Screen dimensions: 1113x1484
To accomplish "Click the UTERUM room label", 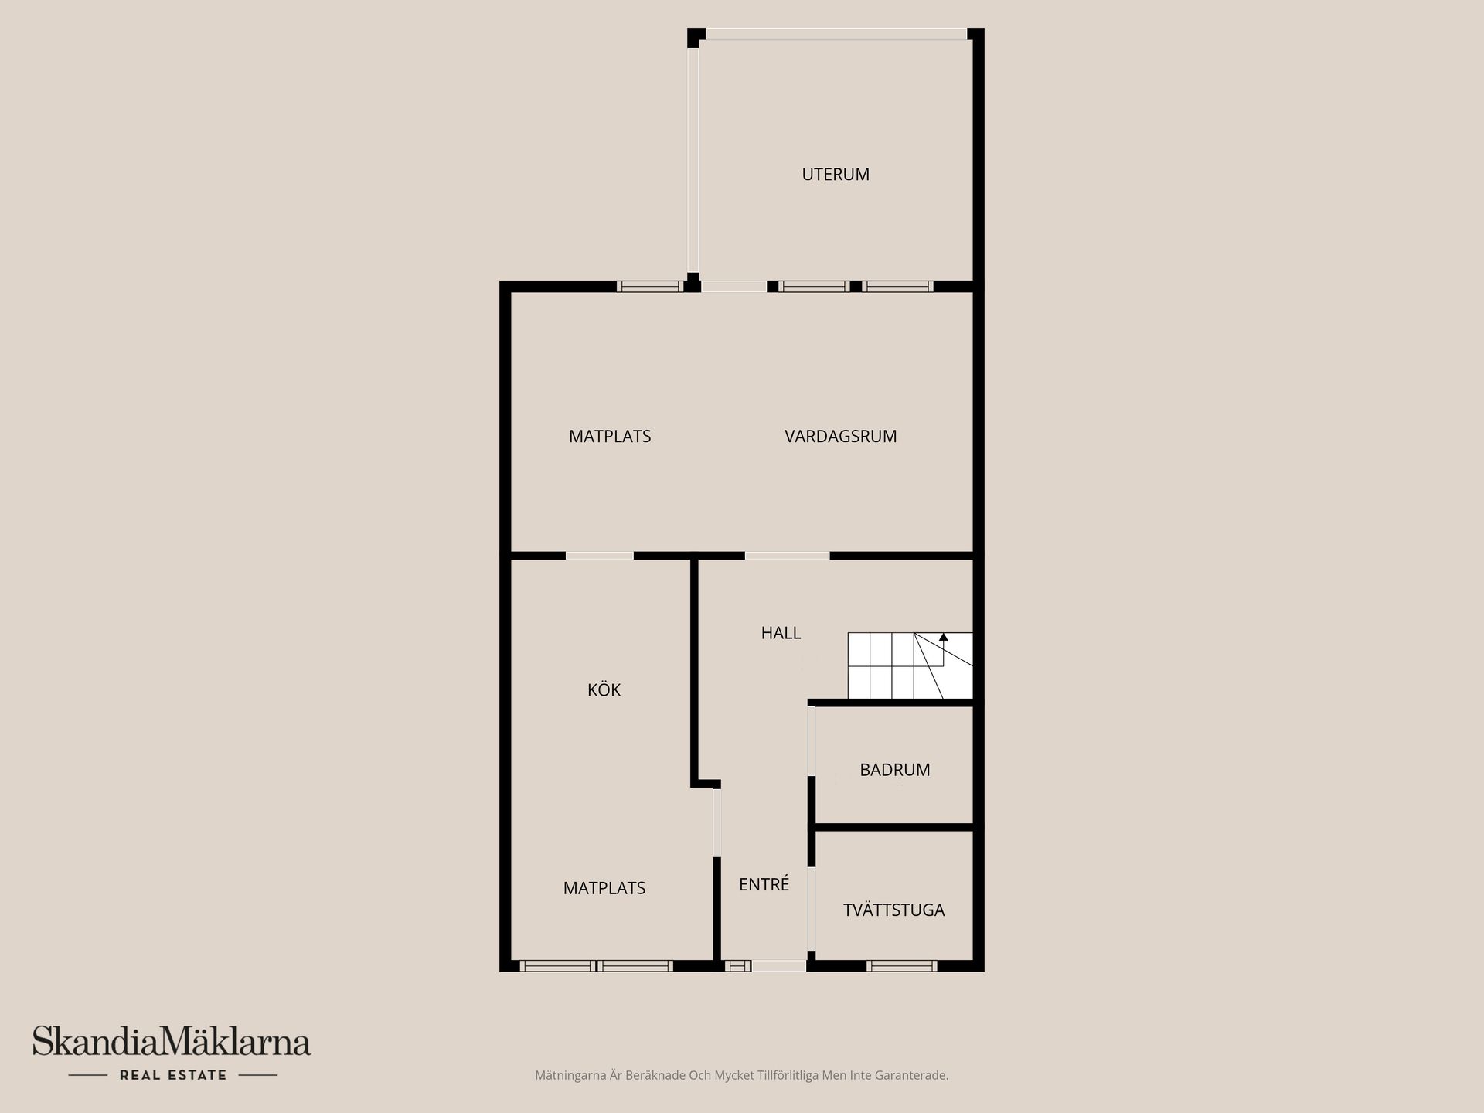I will pos(836,175).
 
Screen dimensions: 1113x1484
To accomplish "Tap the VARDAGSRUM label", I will pos(840,437).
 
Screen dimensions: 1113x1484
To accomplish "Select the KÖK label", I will pos(604,690).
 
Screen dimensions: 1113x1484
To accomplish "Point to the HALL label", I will pos(781,633).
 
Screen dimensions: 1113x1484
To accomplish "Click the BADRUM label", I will pos(894,770).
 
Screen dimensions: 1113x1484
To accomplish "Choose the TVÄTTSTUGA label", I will pos(893,910).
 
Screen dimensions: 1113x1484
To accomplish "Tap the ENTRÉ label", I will pos(764,885).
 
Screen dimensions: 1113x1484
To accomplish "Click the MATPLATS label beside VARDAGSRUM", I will pos(610,437).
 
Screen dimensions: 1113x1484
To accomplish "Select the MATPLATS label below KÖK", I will pos(604,889).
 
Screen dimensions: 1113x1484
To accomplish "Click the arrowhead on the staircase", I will pos(943,638).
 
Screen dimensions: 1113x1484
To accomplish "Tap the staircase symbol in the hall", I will pos(910,665).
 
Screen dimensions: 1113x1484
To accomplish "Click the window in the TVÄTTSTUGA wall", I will pos(901,965).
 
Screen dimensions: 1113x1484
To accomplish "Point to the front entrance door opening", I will pos(778,965).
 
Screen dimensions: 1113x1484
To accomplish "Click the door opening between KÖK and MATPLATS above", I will pos(600,556).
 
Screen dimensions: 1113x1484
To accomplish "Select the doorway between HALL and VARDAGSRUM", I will pos(787,556).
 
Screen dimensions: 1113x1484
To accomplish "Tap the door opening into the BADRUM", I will pos(812,740).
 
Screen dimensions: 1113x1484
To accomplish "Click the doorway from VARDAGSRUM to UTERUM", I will pos(733,287).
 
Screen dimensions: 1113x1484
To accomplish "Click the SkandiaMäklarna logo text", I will pos(171,1042).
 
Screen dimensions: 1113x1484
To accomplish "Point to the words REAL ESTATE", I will pos(173,1075).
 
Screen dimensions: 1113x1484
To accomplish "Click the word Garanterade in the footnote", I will pos(913,1075).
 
